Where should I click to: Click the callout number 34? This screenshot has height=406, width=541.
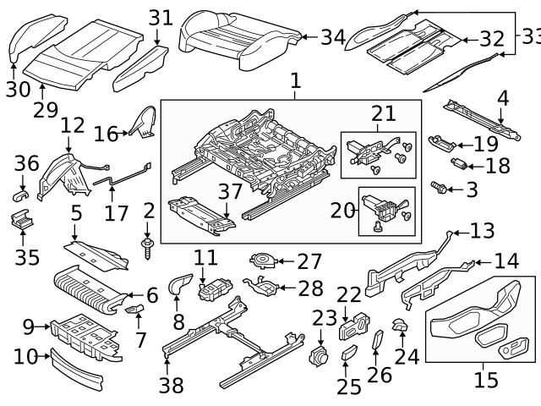point(333,37)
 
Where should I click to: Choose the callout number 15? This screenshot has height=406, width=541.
point(486,380)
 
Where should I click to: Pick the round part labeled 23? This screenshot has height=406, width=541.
point(320,356)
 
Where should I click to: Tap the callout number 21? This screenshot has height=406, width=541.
point(383,114)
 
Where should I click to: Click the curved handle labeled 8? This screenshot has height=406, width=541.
point(178,286)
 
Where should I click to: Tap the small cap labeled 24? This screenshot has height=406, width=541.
point(401,326)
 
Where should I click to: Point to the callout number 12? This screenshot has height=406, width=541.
point(72,124)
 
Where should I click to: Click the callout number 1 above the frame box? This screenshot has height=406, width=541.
point(296,81)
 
